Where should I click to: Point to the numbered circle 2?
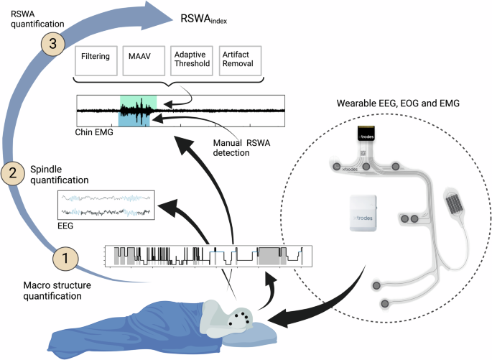tap(11, 172)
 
